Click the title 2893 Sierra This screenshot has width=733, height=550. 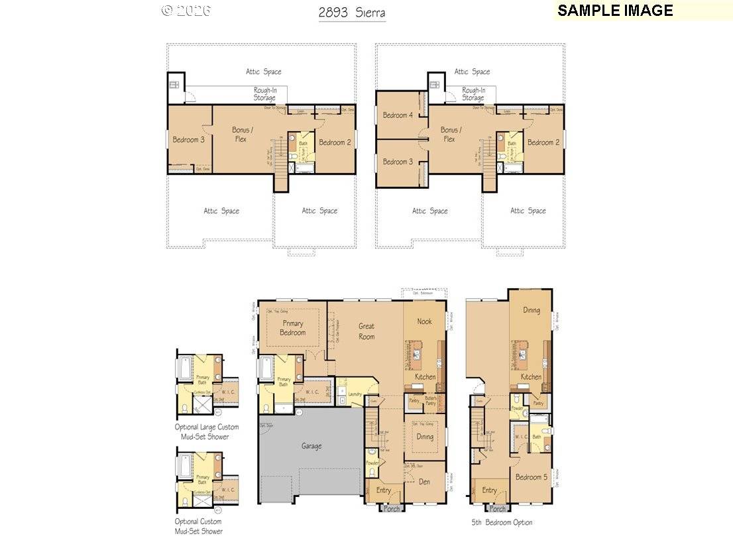tap(351, 13)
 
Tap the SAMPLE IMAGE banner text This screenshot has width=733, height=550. tap(615, 11)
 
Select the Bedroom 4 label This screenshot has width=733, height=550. tap(398, 115)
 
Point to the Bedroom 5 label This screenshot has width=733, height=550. tap(530, 477)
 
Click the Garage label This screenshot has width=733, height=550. tap(311, 446)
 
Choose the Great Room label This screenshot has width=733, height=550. tap(366, 331)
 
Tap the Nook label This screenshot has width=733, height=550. tap(424, 321)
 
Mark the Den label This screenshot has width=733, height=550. tap(425, 482)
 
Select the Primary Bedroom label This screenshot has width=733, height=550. tap(292, 328)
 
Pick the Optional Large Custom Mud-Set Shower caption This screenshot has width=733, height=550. tap(207, 432)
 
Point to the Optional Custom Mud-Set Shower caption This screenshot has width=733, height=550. tap(207, 526)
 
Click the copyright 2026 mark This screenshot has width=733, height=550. tap(186, 10)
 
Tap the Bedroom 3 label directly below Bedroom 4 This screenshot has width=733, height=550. tap(398, 162)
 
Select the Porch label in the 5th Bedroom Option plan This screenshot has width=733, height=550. tap(498, 509)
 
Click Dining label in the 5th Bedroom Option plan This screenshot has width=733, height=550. tap(531, 310)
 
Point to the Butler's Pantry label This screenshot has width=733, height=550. tap(431, 400)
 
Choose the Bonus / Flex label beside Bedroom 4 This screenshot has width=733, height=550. tap(451, 135)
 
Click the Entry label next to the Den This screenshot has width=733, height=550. tap(384, 490)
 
